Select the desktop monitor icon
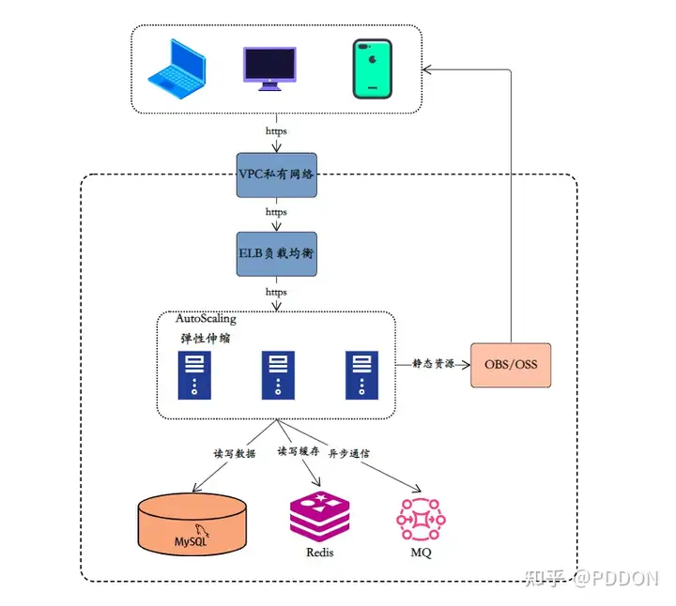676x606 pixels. click(270, 68)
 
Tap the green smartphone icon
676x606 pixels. click(372, 68)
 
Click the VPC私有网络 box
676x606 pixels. click(276, 174)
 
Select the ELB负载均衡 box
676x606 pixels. click(276, 253)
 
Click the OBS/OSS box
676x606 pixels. click(511, 363)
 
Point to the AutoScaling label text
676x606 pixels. click(206, 319)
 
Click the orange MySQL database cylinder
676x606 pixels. click(193, 525)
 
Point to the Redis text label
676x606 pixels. click(320, 553)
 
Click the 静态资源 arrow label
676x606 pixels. click(433, 363)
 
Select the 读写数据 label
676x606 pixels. click(234, 453)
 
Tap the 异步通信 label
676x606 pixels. click(348, 453)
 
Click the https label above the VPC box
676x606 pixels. click(276, 131)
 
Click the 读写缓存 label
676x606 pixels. click(298, 451)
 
